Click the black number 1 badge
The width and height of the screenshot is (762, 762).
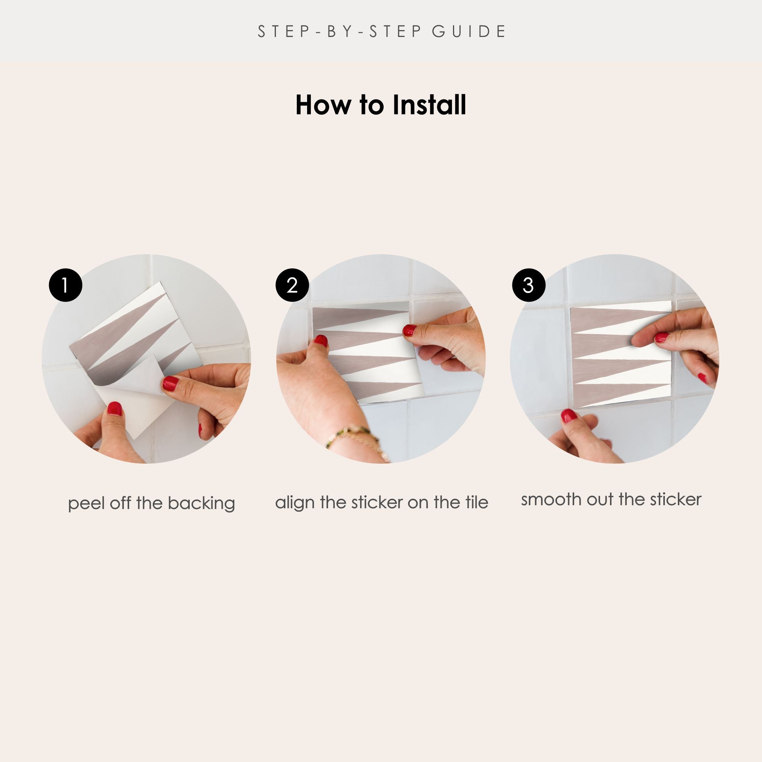[x=66, y=285]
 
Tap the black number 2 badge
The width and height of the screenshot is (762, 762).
[x=292, y=285]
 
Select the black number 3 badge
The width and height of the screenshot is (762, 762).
[x=528, y=285]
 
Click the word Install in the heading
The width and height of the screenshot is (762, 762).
[x=429, y=105]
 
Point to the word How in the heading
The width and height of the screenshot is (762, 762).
[x=323, y=105]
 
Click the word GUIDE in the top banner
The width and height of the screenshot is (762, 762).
[x=469, y=32]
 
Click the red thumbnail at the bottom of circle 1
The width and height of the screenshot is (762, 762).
[x=115, y=408]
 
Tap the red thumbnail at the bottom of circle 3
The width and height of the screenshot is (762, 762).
[x=569, y=416]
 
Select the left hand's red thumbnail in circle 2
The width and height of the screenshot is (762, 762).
[x=321, y=340]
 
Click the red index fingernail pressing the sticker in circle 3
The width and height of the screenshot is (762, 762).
[x=661, y=337]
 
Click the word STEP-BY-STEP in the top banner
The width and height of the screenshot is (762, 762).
[x=340, y=32]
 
